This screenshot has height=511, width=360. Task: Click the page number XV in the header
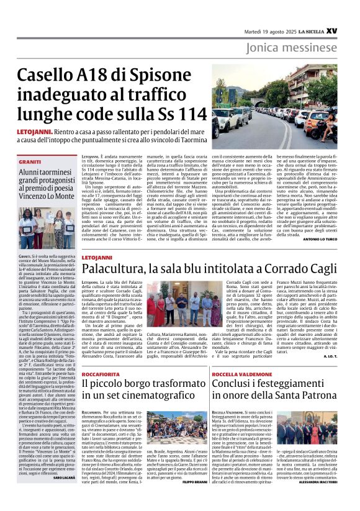pyautogui.click(x=349, y=29)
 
